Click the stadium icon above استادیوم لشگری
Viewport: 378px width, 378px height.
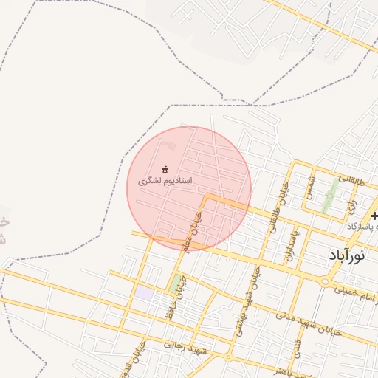tap(165, 168)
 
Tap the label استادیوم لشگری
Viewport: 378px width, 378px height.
tap(165, 181)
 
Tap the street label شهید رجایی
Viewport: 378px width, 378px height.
tap(187, 346)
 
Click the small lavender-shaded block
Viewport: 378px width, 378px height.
tap(144, 293)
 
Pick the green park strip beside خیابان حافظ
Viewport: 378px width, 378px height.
tap(175, 283)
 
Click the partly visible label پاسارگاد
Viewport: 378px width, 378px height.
tap(362, 226)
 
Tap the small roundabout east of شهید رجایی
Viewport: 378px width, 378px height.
tap(228, 358)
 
